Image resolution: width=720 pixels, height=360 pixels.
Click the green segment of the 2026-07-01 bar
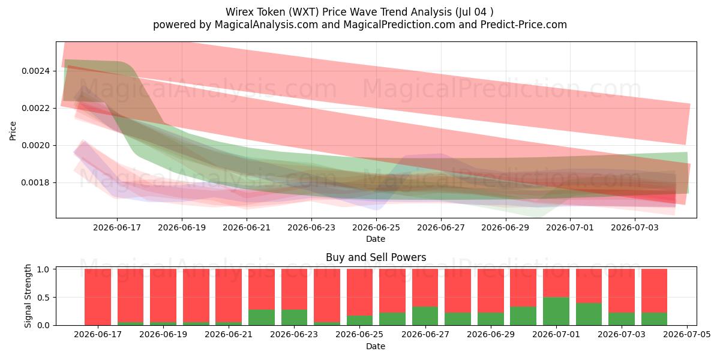click(556, 311)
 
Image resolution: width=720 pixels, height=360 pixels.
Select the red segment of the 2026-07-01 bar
click(556, 283)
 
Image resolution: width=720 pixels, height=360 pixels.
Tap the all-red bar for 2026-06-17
click(98, 297)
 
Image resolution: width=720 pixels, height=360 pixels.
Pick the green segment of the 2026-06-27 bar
click(425, 316)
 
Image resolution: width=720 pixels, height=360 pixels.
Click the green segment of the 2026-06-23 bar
click(294, 317)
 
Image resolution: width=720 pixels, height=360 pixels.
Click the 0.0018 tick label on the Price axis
click(35, 182)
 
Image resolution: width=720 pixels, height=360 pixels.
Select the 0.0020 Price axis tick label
click(35, 145)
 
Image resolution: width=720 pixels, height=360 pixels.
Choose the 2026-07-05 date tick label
click(687, 334)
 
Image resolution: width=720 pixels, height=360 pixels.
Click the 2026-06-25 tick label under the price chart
click(376, 227)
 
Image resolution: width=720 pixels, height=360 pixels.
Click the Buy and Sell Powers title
click(376, 257)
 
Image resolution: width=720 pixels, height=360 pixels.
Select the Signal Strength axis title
click(28, 296)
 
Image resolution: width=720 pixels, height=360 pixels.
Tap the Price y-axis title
click(13, 131)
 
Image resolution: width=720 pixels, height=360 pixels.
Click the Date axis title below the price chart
click(376, 239)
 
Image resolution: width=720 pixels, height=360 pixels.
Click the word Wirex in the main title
click(239, 12)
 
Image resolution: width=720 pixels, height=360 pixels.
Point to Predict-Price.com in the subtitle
click(524, 25)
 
